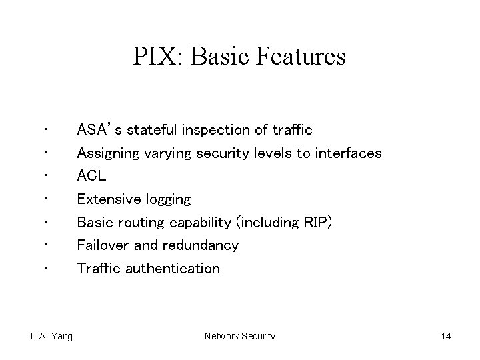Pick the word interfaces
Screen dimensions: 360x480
point(347,153)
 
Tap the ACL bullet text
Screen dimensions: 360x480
point(91,176)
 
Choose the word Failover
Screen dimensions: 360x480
point(103,245)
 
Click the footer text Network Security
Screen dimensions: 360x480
point(239,336)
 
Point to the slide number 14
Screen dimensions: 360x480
point(445,336)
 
